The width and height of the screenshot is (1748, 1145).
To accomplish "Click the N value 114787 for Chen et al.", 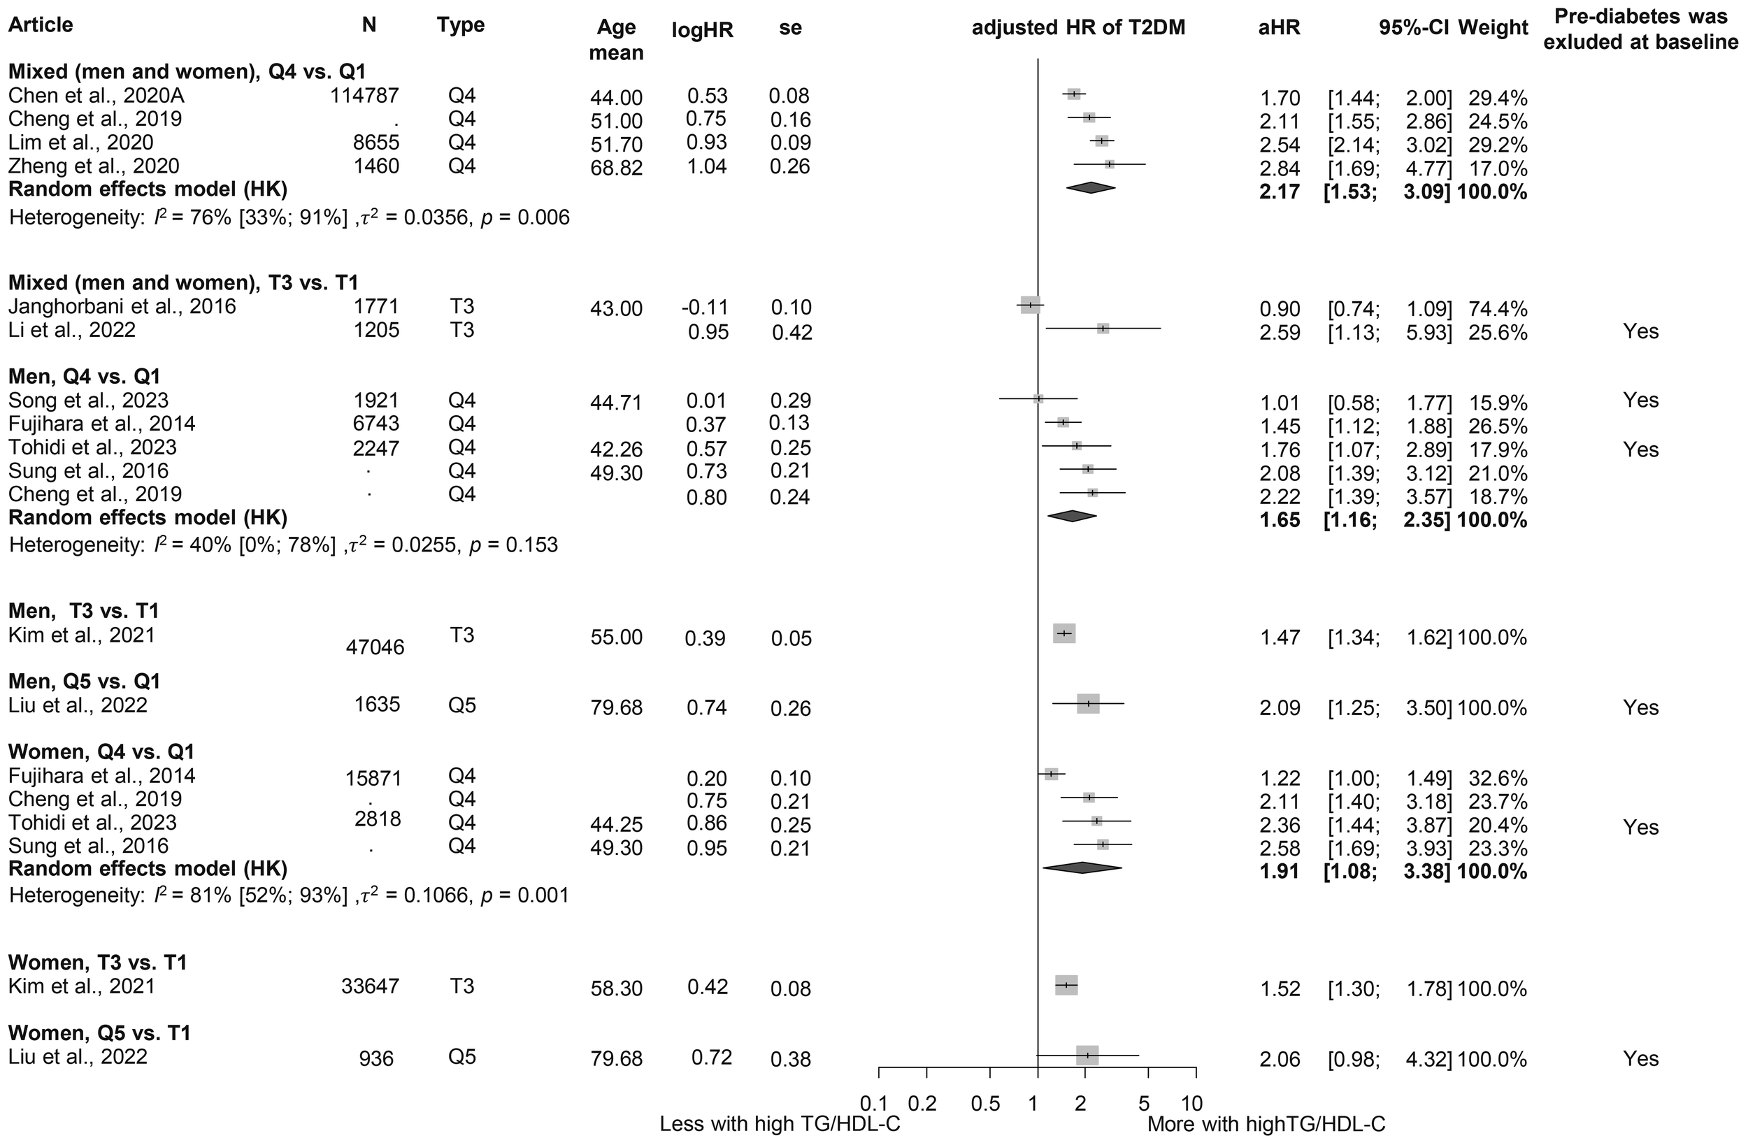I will [x=364, y=96].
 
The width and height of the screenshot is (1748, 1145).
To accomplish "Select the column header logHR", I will [x=702, y=29].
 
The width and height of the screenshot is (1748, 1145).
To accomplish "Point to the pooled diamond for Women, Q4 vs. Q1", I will [x=1082, y=868].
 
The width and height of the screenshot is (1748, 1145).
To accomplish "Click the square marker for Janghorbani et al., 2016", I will [x=1031, y=305].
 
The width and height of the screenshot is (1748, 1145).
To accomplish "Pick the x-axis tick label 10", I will [x=1192, y=1103].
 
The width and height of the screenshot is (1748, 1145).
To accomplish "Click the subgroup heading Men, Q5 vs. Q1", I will [x=84, y=682].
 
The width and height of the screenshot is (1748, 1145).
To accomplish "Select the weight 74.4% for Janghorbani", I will [x=1498, y=308].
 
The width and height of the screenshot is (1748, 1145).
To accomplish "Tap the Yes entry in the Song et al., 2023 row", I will [x=1641, y=401].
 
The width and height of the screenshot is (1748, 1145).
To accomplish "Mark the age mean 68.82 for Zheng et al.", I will [x=616, y=168].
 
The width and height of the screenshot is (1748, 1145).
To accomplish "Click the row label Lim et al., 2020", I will [x=81, y=143].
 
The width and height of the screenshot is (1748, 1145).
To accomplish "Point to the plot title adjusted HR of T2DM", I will [x=1078, y=28].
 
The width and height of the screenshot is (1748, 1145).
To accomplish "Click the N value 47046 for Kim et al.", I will [x=375, y=647].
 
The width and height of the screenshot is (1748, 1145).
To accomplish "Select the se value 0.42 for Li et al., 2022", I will [x=791, y=333].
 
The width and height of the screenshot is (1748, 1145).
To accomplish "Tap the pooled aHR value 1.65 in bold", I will [x=1280, y=521].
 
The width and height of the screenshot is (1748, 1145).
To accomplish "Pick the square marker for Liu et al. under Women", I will [x=1087, y=1056].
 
